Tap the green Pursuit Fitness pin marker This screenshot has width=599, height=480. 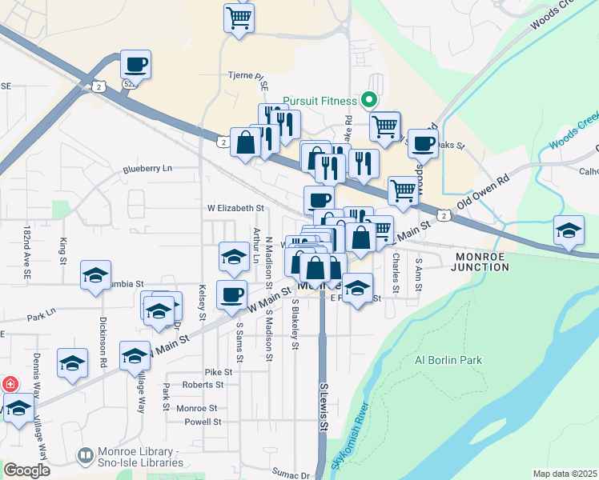369,101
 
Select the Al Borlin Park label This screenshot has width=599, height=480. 448,360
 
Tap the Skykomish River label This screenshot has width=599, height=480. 350,434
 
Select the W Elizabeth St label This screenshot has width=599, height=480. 235,207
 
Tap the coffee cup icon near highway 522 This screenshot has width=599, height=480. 135,64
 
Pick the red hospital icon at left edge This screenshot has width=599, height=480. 10,384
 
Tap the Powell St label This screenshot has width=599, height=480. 202,422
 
